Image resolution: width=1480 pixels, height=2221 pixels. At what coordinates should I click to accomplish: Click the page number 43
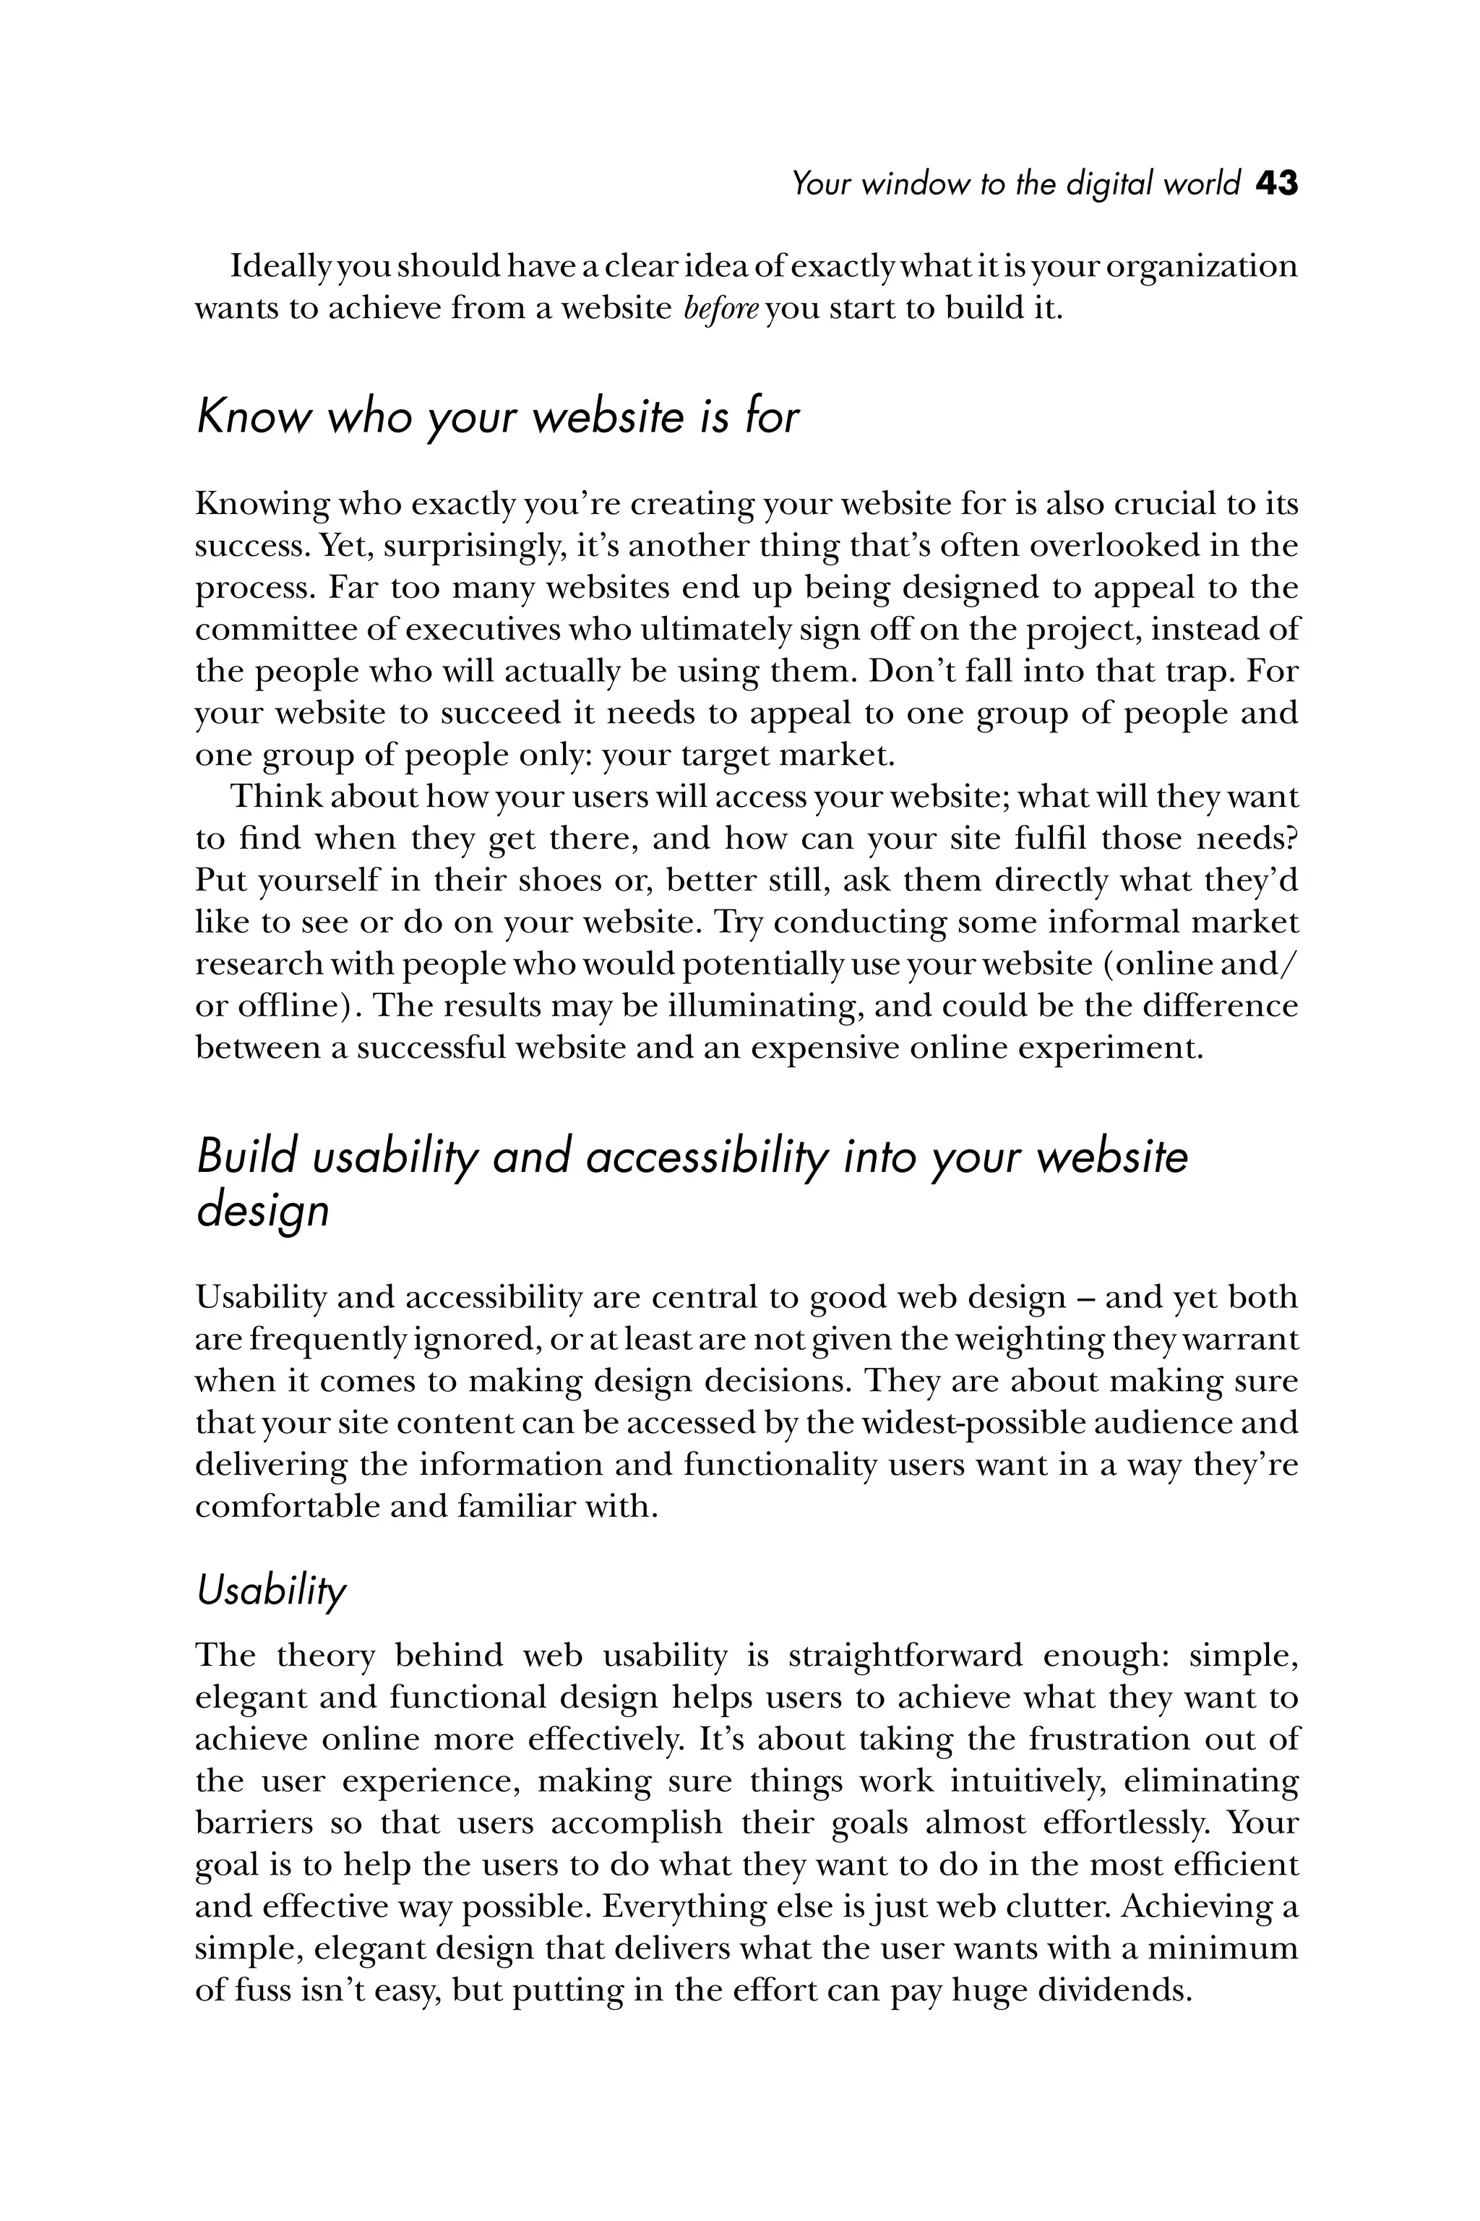coord(1276,183)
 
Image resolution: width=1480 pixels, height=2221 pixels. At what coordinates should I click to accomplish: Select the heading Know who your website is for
coord(497,416)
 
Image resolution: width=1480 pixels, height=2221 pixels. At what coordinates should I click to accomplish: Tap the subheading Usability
coord(271,1591)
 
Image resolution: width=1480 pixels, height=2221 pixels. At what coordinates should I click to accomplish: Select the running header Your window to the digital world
coord(1015,183)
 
